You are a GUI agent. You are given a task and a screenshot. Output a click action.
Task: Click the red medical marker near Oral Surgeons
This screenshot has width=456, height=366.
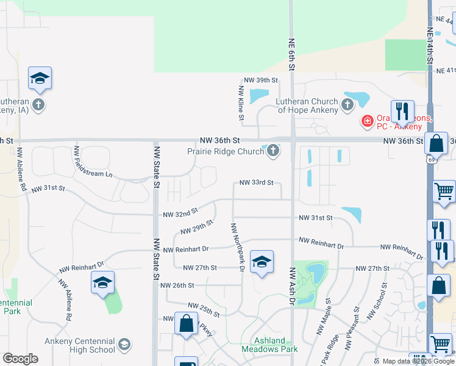coord(367,121)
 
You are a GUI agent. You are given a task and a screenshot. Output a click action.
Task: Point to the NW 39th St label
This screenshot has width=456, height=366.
coord(260,81)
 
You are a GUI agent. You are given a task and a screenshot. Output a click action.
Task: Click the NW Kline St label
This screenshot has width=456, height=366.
coord(241,102)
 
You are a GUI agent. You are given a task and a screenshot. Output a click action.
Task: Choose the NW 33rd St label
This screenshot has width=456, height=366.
coord(256,182)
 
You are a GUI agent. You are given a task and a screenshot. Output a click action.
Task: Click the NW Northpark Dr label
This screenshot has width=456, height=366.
coord(237,247)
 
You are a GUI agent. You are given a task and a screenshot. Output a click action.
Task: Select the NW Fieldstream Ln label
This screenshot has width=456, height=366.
coord(93,162)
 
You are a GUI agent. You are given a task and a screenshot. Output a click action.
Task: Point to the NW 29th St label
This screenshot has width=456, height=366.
coord(196,228)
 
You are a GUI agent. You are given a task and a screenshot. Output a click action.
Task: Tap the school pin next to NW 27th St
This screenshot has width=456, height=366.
coord(262,262)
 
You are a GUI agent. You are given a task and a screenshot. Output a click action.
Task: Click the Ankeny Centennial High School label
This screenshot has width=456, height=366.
coord(79,346)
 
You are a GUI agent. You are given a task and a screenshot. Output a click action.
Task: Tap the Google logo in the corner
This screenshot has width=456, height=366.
coord(20,359)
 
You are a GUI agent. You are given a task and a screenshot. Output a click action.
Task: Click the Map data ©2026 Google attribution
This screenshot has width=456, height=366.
coord(418,361)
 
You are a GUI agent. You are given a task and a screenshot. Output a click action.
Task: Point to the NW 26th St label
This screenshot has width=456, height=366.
coord(177,285)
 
